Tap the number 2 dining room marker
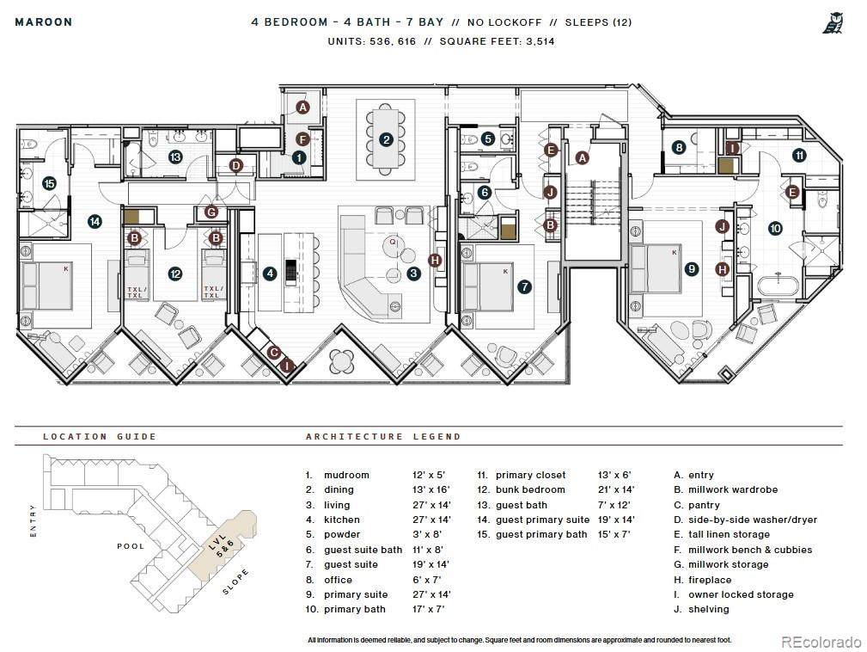(386, 139)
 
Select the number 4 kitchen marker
(270, 273)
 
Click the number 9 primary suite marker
(692, 269)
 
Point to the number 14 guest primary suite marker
(95, 222)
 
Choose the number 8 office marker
(679, 147)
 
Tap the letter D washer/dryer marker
(236, 165)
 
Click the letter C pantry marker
(274, 353)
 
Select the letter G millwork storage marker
(211, 212)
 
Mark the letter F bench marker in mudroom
(302, 139)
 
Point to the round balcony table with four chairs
(342, 362)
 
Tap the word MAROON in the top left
(44, 22)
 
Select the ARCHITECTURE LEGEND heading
(383, 437)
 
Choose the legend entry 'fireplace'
(710, 580)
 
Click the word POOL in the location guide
(131, 546)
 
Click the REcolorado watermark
(821, 642)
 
